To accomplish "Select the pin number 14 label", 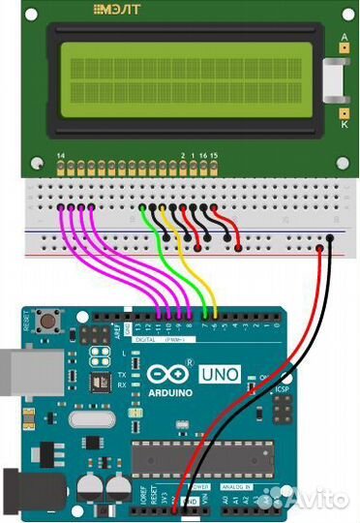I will [x=61, y=155].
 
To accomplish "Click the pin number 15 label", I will [x=214, y=155].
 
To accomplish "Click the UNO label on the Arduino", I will [x=220, y=373].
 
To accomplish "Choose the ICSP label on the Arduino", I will [x=284, y=391].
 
